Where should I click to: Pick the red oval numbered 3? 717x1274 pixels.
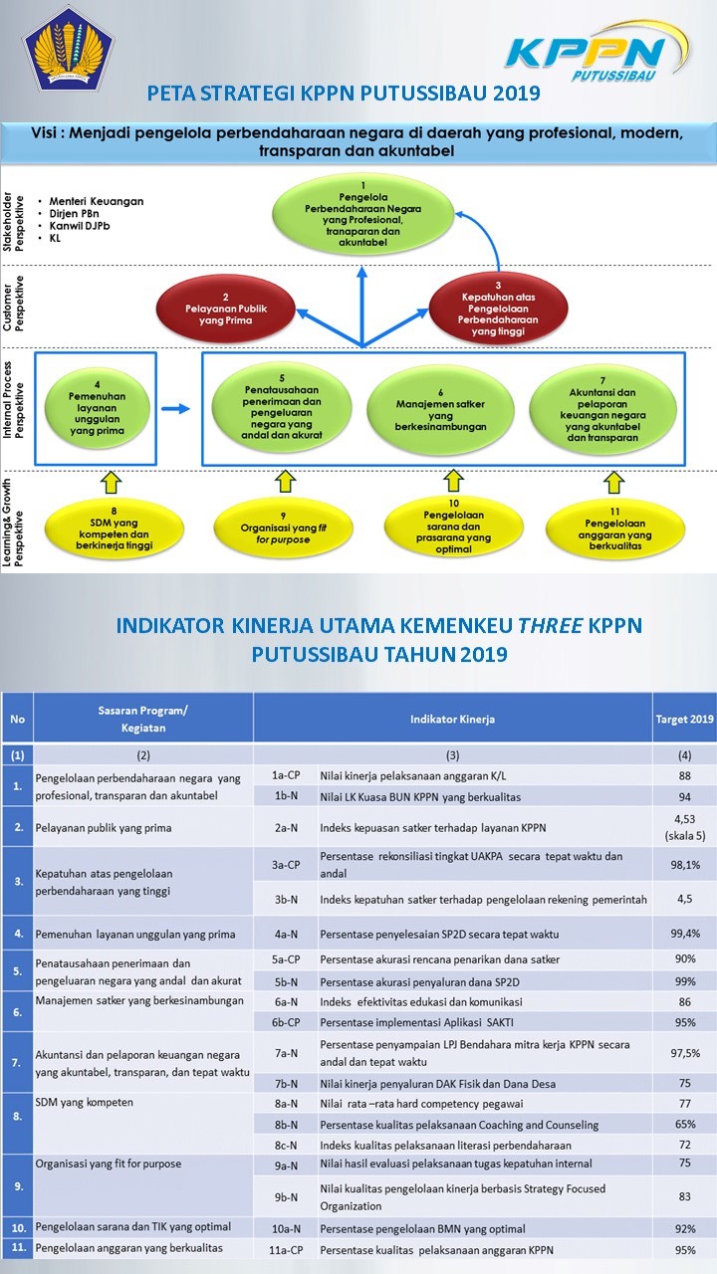[x=498, y=303]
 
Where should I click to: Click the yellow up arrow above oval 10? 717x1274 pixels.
[x=454, y=482]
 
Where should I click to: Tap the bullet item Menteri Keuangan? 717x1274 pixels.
[x=97, y=201]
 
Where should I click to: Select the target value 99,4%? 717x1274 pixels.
[x=683, y=934]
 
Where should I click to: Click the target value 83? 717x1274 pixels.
[x=683, y=1196]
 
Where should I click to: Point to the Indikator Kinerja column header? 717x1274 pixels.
[x=452, y=718]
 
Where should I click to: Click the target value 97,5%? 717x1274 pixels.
[x=683, y=1054]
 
